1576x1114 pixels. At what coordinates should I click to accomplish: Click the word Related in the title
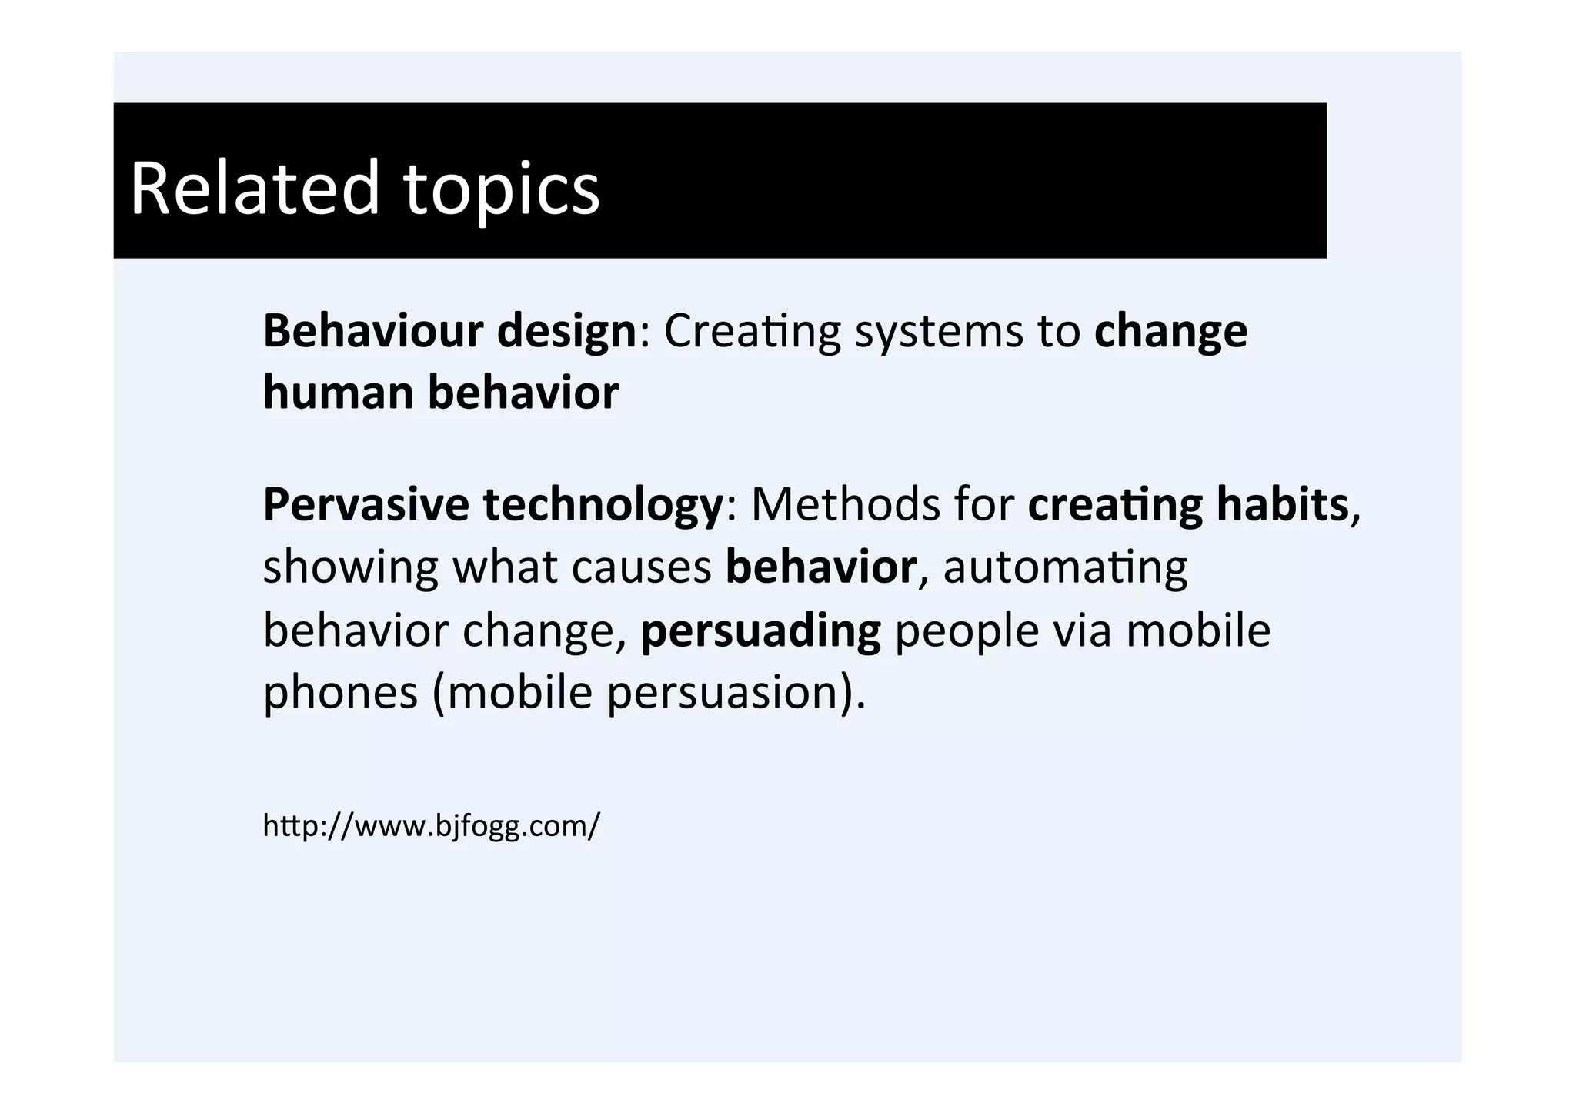[x=255, y=188]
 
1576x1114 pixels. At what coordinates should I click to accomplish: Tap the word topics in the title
[x=501, y=189]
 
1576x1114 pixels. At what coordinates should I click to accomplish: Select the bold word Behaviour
[x=373, y=330]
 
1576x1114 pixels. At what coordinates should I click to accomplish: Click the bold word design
[x=566, y=332]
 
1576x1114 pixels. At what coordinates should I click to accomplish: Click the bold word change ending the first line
[x=1170, y=332]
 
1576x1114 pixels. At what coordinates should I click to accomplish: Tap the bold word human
[x=339, y=392]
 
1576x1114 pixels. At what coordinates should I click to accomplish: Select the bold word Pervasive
[x=366, y=504]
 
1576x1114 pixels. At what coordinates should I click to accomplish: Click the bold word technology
[x=603, y=506]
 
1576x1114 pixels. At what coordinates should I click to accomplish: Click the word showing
[x=350, y=568]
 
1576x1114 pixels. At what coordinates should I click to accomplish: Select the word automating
[x=1065, y=568]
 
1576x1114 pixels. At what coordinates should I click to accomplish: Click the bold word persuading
[x=760, y=631]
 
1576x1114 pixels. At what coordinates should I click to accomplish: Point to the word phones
[x=340, y=693]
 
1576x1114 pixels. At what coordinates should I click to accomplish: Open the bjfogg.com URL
[x=431, y=826]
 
